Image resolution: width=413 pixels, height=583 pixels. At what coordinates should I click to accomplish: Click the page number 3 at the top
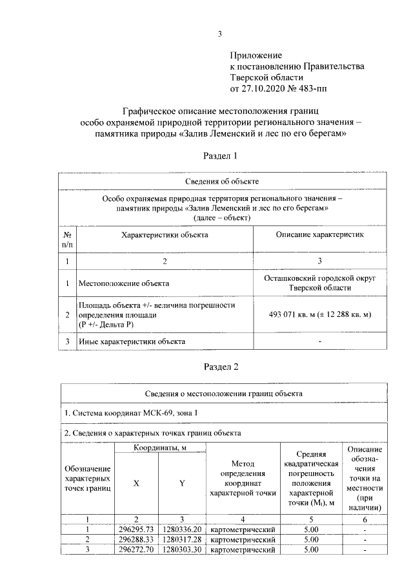click(x=219, y=34)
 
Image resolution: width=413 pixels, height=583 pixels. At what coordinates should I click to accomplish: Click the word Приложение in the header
click(x=256, y=56)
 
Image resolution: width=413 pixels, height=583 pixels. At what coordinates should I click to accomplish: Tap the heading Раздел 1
click(x=221, y=156)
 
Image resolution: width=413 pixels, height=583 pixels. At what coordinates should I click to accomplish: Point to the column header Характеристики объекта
click(x=165, y=235)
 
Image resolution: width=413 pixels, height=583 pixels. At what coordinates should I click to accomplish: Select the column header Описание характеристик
click(x=320, y=235)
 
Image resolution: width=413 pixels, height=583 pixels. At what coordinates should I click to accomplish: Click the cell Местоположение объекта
click(x=124, y=283)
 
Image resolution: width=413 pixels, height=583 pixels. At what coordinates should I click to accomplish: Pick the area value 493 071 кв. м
click(x=320, y=314)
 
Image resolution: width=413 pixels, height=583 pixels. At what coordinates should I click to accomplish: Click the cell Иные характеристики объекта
click(x=132, y=341)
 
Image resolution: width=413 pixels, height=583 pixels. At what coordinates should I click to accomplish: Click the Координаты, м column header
click(x=159, y=448)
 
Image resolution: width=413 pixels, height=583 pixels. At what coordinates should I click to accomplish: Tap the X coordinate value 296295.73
click(x=136, y=529)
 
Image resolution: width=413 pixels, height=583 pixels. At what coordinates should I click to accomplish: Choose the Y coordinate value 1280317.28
click(x=183, y=539)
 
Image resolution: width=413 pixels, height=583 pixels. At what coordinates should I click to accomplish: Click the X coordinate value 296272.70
click(x=136, y=550)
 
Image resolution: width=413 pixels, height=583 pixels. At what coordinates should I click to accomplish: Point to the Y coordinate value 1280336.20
click(x=183, y=529)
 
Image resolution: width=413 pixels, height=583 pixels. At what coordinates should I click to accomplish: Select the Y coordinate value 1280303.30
click(x=183, y=550)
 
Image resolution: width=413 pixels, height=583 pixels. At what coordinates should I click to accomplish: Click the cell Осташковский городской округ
click(x=320, y=278)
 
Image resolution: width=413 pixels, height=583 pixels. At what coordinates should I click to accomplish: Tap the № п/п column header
click(x=67, y=240)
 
